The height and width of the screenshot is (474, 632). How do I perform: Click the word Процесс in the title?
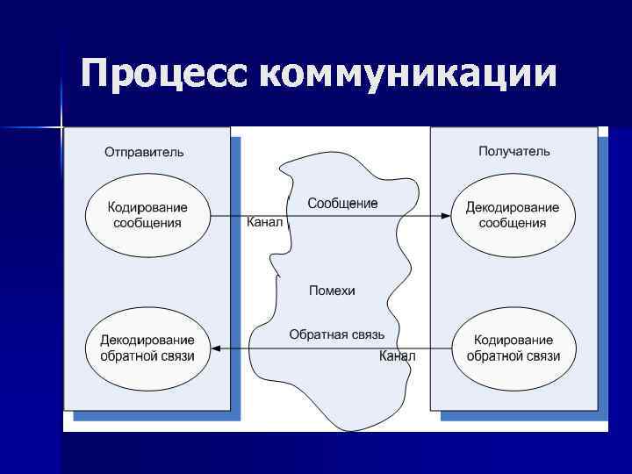point(165,75)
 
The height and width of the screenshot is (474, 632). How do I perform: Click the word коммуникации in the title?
point(408,75)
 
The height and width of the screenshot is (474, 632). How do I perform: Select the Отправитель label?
point(145,152)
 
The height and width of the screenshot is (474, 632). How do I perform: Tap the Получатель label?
point(514,151)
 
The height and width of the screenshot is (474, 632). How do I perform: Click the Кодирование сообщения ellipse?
point(147,215)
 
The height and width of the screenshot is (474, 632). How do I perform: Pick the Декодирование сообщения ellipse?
point(513,215)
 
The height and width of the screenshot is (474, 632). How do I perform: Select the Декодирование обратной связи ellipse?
point(147,348)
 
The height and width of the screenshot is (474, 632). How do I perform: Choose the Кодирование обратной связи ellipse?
point(513,348)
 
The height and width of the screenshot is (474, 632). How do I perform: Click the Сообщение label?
point(342,204)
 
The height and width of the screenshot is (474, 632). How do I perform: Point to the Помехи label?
point(332,291)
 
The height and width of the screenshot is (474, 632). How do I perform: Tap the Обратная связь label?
point(336,335)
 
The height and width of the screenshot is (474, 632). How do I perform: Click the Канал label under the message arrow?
point(264,223)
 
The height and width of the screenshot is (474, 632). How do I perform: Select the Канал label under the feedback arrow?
point(398,356)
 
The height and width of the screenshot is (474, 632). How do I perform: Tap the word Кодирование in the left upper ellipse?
point(147,208)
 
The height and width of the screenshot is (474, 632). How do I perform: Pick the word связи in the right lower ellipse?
point(542,356)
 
